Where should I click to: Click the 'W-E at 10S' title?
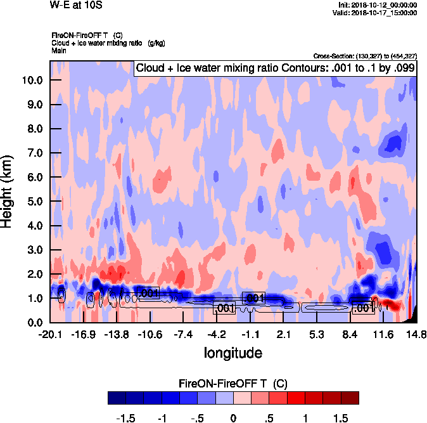point(76,6)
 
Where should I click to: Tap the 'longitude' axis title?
point(233,352)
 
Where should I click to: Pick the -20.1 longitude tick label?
point(50,334)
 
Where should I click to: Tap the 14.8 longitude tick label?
point(416,334)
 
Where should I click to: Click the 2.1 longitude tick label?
point(283,334)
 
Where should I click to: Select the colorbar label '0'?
point(233,419)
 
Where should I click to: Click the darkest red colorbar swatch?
point(350,398)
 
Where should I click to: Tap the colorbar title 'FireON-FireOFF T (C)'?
point(234,384)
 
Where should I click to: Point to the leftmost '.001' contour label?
point(148,293)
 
